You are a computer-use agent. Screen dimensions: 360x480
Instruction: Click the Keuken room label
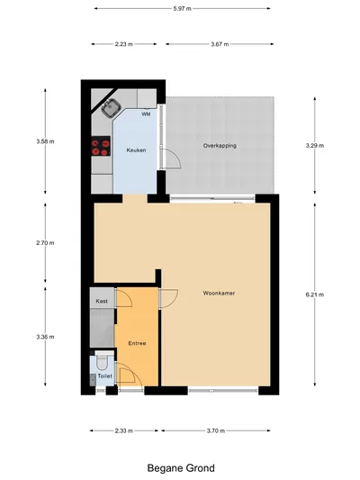click(136, 150)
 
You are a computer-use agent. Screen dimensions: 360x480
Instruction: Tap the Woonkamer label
click(219, 293)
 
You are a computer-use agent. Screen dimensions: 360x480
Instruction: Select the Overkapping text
click(220, 146)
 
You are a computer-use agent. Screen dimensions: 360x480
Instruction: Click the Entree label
click(137, 343)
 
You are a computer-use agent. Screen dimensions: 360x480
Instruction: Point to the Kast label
click(102, 301)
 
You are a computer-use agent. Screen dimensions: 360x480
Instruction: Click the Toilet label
click(105, 376)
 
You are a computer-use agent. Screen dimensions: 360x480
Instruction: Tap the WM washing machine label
click(146, 114)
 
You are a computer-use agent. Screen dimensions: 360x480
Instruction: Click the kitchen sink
click(108, 108)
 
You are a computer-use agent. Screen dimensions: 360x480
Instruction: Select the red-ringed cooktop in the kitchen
click(101, 146)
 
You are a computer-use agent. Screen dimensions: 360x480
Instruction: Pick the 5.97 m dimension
click(183, 9)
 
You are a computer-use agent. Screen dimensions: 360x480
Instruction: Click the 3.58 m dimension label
click(45, 141)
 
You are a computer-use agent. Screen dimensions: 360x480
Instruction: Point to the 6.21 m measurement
click(315, 294)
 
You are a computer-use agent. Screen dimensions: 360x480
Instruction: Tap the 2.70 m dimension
click(45, 243)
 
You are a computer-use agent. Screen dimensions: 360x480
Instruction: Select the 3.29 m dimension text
click(315, 146)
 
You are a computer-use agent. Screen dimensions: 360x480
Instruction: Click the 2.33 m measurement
click(124, 430)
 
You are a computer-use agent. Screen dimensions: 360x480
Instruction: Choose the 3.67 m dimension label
click(220, 44)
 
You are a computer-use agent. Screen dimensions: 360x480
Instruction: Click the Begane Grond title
click(181, 468)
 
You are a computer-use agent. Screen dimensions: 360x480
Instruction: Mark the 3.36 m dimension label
click(45, 337)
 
